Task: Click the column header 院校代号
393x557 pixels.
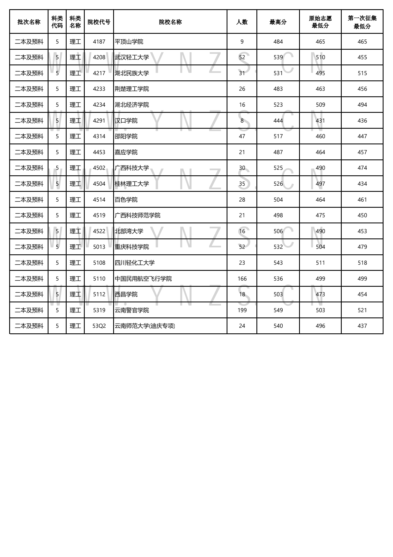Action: pyautogui.click(x=99, y=22)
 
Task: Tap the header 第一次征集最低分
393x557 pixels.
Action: pyautogui.click(x=362, y=22)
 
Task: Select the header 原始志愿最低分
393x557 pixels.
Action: pyautogui.click(x=320, y=22)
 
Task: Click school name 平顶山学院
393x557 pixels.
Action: pyautogui.click(x=129, y=42)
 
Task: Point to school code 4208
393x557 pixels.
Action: pyautogui.click(x=99, y=57)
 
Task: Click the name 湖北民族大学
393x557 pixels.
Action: pyautogui.click(x=132, y=73)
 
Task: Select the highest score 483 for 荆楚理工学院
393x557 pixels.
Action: pyautogui.click(x=278, y=89)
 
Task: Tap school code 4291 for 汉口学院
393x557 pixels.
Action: pyautogui.click(x=99, y=121)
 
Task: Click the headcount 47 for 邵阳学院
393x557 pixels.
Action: pyautogui.click(x=242, y=136)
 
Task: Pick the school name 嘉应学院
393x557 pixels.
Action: pyautogui.click(x=126, y=152)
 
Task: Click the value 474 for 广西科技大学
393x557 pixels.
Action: pyautogui.click(x=362, y=168)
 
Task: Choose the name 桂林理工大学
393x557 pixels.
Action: pyautogui.click(x=132, y=184)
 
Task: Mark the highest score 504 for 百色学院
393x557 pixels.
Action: pyautogui.click(x=278, y=200)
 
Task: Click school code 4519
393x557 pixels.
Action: pyautogui.click(x=99, y=215)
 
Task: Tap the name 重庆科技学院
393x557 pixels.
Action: pyautogui.click(x=132, y=247)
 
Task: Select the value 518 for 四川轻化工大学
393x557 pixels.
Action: pyautogui.click(x=362, y=263)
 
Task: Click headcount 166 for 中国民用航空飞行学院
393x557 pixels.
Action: pyautogui.click(x=242, y=279)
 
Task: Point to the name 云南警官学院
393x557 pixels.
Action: pyautogui.click(x=132, y=310)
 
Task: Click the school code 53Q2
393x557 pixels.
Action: pyautogui.click(x=99, y=326)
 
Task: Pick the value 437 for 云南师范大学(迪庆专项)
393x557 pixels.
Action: pyautogui.click(x=362, y=326)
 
